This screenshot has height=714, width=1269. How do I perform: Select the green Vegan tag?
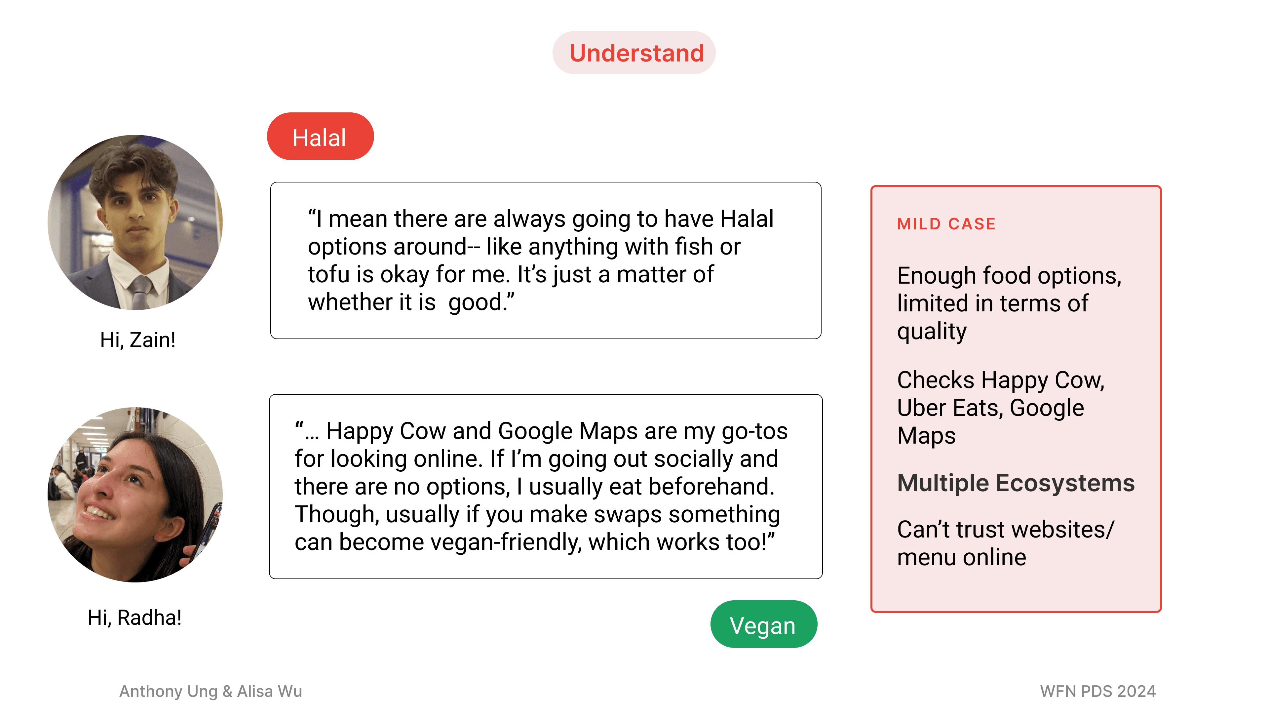point(763,625)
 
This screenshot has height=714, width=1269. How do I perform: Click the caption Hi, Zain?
point(137,340)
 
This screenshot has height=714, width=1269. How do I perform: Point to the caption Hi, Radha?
point(135,617)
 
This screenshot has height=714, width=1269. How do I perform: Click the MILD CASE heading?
point(946,224)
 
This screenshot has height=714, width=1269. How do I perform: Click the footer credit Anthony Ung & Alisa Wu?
point(211,691)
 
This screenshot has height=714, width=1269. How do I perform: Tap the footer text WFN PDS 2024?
point(1097,691)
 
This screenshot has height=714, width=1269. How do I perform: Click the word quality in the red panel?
point(932,332)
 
